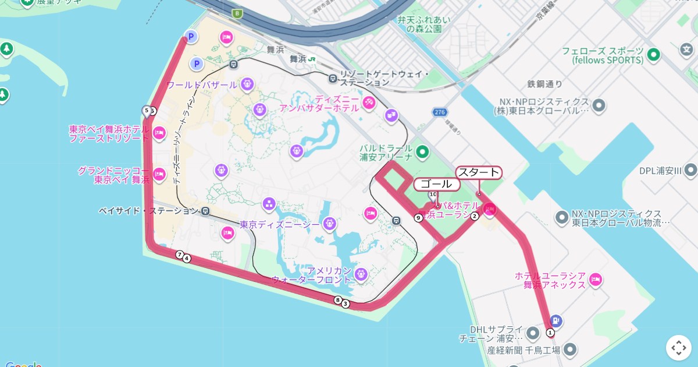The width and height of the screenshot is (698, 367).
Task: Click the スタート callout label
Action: [x=479, y=172]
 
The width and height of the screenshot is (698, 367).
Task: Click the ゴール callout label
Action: [x=436, y=184]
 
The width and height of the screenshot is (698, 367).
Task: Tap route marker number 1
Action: [x=550, y=332]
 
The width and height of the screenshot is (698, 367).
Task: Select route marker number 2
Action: [x=475, y=216]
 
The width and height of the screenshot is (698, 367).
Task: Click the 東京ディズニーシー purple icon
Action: [x=329, y=223]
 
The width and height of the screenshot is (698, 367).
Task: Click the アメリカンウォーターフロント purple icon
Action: [x=361, y=274]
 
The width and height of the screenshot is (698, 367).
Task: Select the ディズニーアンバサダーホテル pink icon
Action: [x=368, y=103]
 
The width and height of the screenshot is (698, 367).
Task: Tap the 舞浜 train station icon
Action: [x=312, y=58]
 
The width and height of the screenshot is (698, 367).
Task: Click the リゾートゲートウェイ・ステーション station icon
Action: [x=332, y=78]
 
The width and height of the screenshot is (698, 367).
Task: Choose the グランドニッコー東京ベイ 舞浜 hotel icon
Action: [x=159, y=174]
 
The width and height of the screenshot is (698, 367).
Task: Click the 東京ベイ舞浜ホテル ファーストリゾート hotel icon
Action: [x=159, y=133]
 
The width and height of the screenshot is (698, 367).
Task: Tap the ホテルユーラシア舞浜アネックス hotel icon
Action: [x=595, y=280]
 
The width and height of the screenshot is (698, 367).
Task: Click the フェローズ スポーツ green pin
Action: [x=654, y=55]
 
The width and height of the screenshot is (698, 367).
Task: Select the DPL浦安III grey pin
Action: [x=690, y=170]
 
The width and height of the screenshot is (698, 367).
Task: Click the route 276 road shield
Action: [x=439, y=112]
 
